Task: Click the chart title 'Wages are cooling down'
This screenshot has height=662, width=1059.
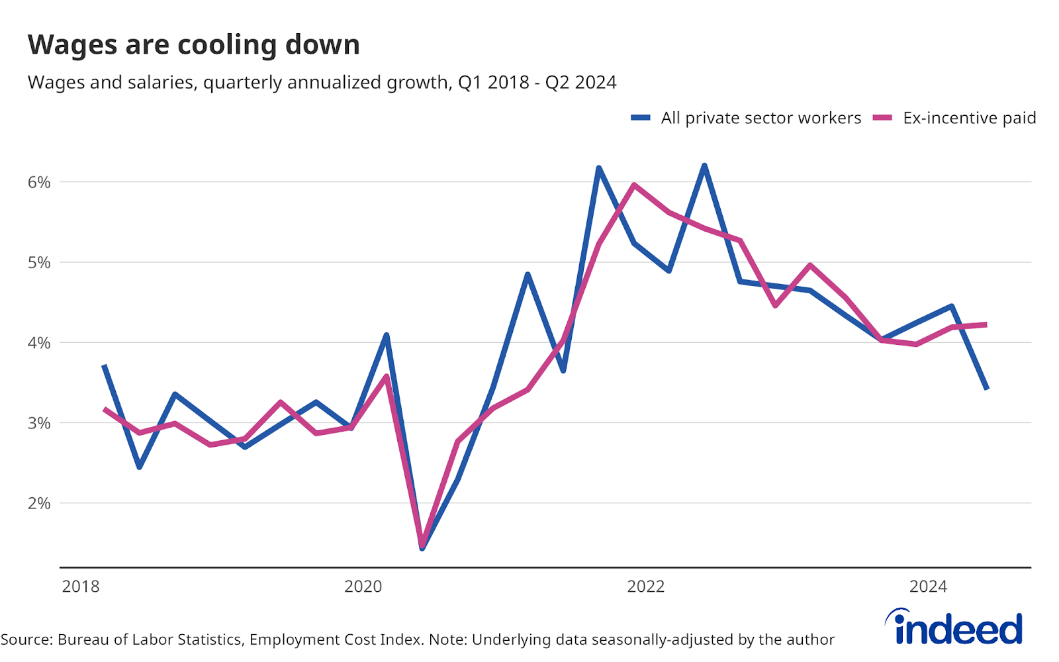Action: click(x=193, y=45)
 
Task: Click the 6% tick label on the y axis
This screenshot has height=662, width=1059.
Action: click(x=39, y=183)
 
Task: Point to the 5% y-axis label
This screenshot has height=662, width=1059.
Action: click(x=39, y=263)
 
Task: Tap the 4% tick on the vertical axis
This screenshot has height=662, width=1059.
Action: click(x=39, y=343)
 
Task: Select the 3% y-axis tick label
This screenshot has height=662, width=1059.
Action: click(x=39, y=423)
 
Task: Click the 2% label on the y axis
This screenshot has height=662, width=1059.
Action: click(x=39, y=503)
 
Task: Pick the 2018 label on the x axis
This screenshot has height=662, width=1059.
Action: click(x=80, y=587)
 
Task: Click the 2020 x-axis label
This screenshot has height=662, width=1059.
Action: click(x=363, y=587)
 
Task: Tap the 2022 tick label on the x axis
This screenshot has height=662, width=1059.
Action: click(x=645, y=587)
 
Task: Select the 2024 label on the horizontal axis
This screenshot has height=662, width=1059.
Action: click(x=928, y=587)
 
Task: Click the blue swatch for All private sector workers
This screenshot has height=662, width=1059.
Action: click(x=641, y=118)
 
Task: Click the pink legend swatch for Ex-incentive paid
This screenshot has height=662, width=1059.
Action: click(x=882, y=118)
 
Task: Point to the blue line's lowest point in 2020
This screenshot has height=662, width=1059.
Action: click(x=422, y=547)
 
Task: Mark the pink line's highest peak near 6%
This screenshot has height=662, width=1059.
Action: click(x=634, y=185)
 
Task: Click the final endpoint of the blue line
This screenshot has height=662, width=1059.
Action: click(x=987, y=388)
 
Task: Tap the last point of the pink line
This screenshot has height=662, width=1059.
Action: click(x=986, y=324)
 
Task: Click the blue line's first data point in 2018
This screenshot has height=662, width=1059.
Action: click(x=105, y=366)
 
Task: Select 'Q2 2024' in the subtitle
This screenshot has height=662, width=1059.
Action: click(x=580, y=83)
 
